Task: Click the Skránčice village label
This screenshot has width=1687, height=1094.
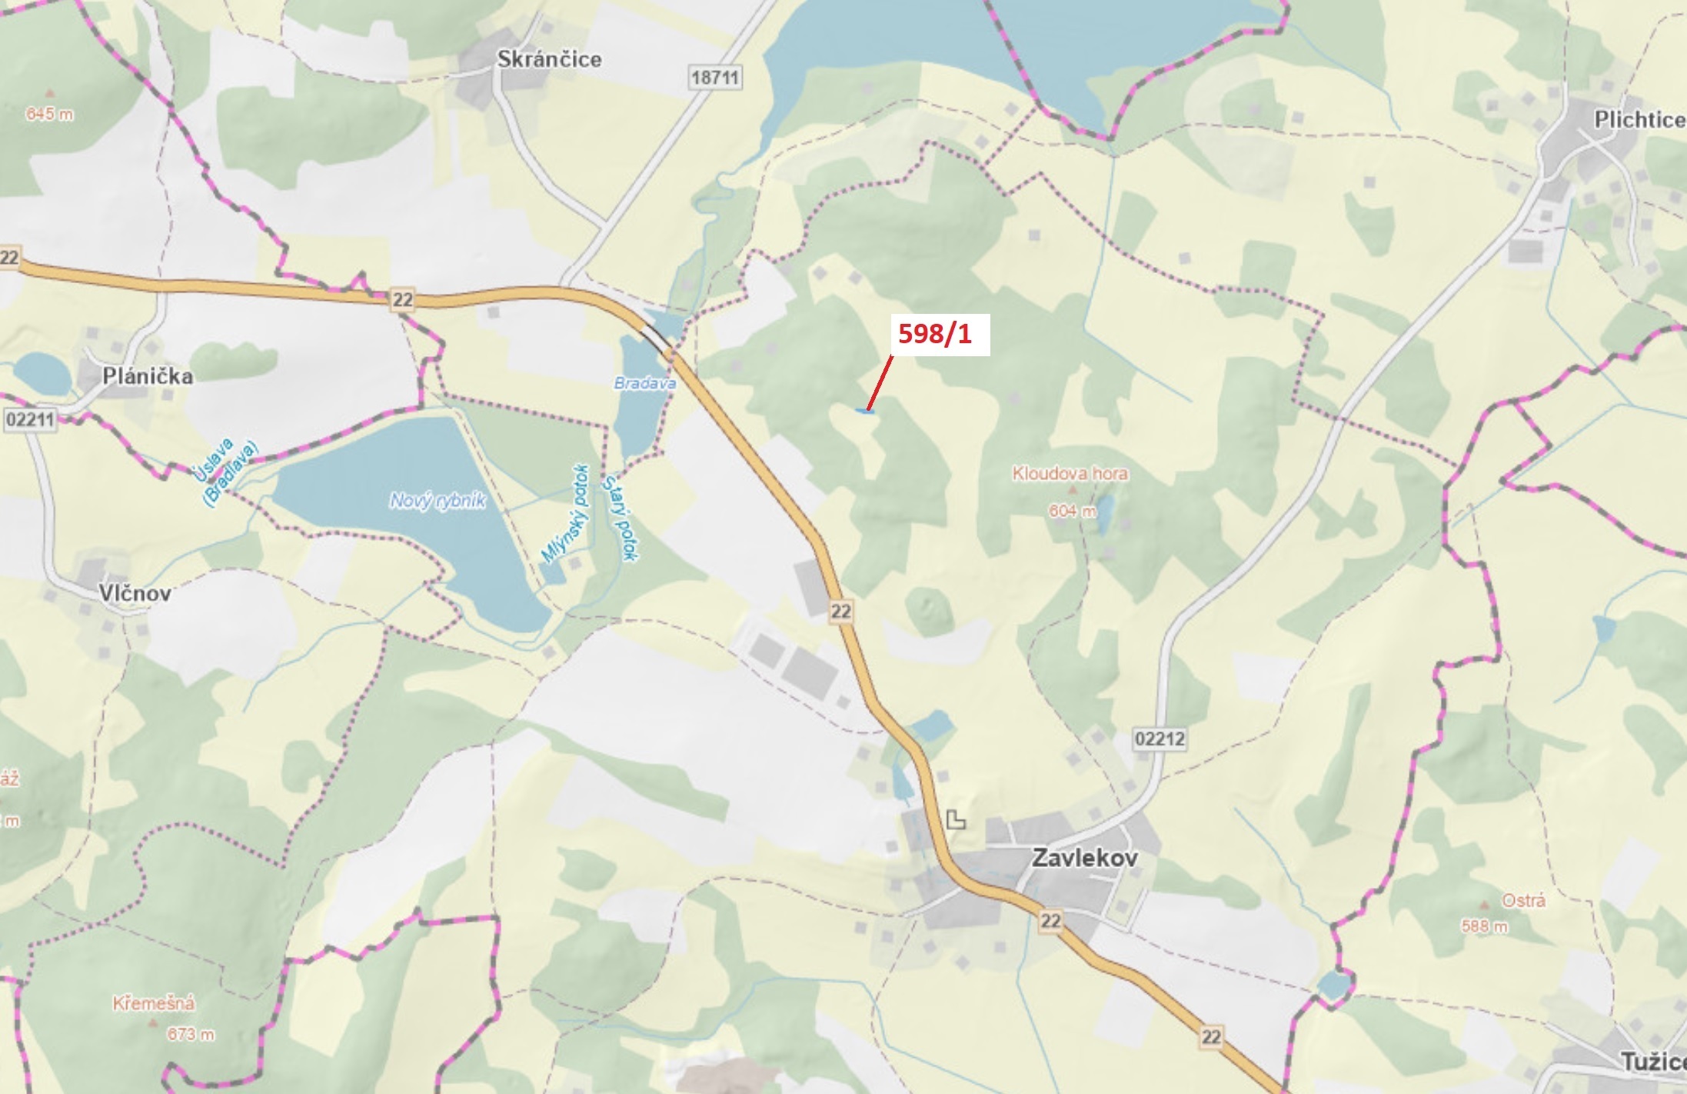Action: pyautogui.click(x=549, y=59)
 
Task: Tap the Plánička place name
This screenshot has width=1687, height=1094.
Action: pyautogui.click(x=148, y=376)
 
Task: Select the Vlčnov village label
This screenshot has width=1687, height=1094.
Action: pyautogui.click(x=135, y=593)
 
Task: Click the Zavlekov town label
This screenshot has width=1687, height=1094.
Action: pyautogui.click(x=1084, y=858)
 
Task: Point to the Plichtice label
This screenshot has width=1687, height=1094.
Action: pyautogui.click(x=1639, y=120)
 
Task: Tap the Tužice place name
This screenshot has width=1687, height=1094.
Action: pyautogui.click(x=1653, y=1062)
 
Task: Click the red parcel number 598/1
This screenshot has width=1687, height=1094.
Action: pyautogui.click(x=935, y=335)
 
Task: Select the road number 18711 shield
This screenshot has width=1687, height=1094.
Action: pyautogui.click(x=714, y=78)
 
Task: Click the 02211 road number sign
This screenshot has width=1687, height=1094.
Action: pyautogui.click(x=29, y=420)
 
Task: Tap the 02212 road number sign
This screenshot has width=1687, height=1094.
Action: pyautogui.click(x=1160, y=739)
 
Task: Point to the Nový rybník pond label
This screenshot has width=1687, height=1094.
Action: pyautogui.click(x=438, y=502)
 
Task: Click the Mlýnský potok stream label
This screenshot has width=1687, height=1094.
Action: pyautogui.click(x=565, y=514)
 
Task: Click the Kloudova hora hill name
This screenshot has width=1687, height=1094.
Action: pyautogui.click(x=1070, y=473)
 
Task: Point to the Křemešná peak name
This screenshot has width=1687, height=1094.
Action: pyautogui.click(x=154, y=1003)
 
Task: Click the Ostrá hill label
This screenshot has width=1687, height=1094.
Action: pyautogui.click(x=1523, y=900)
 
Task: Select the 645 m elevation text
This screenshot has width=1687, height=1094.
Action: pyautogui.click(x=50, y=114)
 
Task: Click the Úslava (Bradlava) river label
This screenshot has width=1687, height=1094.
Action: pyautogui.click(x=225, y=470)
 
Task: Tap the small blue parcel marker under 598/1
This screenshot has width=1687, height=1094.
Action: pyautogui.click(x=864, y=412)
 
